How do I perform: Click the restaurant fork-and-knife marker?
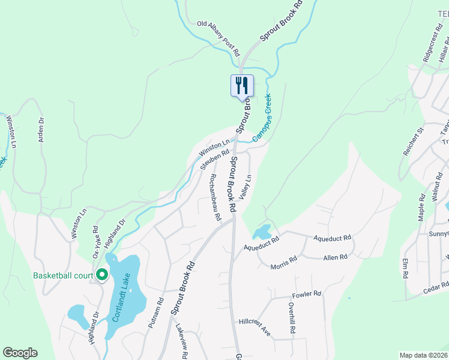coord(242,85)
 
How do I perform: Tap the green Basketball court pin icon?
coord(102,275)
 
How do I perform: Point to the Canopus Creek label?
coord(262,118)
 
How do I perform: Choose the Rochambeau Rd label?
coord(212,197)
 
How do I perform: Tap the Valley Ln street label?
coord(245,187)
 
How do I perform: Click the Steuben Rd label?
coord(215,159)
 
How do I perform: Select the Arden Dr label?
coord(41,128)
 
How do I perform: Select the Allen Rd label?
coord(336,257)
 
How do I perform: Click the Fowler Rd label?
coord(307,295)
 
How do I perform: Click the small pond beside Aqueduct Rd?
coord(262,232)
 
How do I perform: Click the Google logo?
coord(20,353)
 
